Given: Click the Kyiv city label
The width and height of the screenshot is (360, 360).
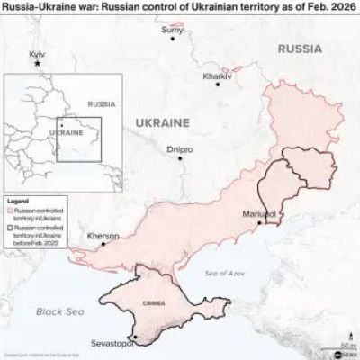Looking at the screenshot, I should coord(37,56).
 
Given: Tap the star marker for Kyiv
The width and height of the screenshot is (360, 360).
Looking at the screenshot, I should coord(38,65).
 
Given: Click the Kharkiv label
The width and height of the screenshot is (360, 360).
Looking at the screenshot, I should coord(218,76).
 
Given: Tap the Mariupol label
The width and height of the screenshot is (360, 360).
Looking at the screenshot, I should coord(259,214).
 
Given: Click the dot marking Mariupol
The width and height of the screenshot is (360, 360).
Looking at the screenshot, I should coord(260,223).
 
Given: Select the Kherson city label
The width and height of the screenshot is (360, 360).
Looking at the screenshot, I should coord(102,235).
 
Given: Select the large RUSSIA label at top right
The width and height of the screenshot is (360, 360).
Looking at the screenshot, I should coord(299,47).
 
